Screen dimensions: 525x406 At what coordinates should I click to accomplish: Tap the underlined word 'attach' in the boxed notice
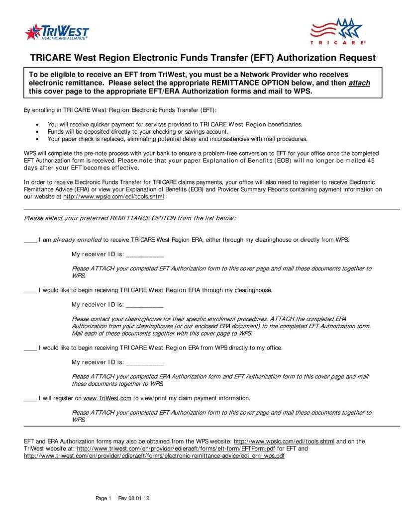click(359, 83)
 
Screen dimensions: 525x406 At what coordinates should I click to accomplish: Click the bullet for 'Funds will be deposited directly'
click(38, 132)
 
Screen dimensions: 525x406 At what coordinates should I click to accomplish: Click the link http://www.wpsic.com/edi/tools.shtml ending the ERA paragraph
click(113, 196)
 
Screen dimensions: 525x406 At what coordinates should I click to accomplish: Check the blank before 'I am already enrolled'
click(30, 240)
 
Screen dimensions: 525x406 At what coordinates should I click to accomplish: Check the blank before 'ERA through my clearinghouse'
click(30, 290)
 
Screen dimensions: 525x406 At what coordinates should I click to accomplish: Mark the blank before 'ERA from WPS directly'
click(30, 348)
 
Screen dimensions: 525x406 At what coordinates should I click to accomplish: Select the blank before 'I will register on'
click(30, 398)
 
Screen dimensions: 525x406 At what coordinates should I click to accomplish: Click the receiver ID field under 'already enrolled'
click(145, 255)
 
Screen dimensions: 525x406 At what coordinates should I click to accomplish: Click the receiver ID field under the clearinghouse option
click(145, 305)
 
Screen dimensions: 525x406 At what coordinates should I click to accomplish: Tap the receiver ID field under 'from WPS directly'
click(145, 362)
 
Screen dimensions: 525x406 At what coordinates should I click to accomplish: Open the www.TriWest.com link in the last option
click(107, 398)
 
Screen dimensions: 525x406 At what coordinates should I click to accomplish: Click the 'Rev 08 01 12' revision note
click(134, 498)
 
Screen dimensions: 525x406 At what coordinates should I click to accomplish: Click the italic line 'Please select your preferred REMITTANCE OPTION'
click(130, 218)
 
